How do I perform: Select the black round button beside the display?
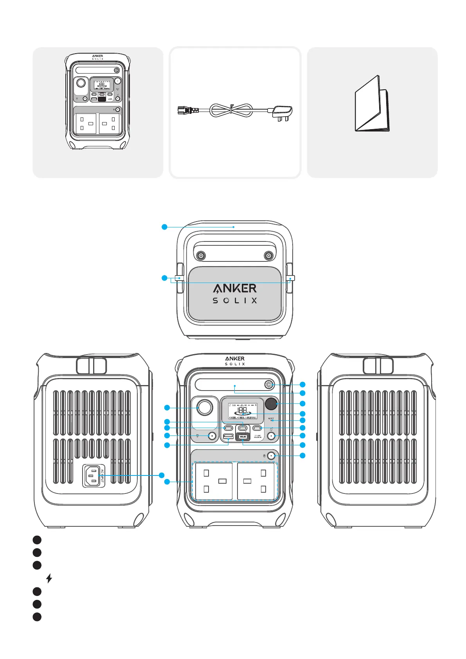click(x=271, y=403)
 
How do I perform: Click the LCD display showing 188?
click(x=243, y=411)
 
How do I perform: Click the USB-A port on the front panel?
click(x=228, y=436)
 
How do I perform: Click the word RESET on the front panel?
click(x=271, y=419)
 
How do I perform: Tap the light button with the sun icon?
click(x=269, y=384)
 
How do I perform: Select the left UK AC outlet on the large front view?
click(x=214, y=481)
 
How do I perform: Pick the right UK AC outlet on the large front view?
click(x=256, y=481)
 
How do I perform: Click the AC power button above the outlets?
click(x=270, y=456)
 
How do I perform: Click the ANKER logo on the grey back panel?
click(x=235, y=288)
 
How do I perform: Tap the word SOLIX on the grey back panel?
click(x=235, y=301)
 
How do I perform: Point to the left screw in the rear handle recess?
click(x=201, y=256)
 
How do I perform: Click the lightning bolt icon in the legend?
click(x=49, y=578)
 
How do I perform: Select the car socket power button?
click(x=212, y=436)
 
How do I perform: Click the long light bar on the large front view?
click(x=229, y=385)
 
